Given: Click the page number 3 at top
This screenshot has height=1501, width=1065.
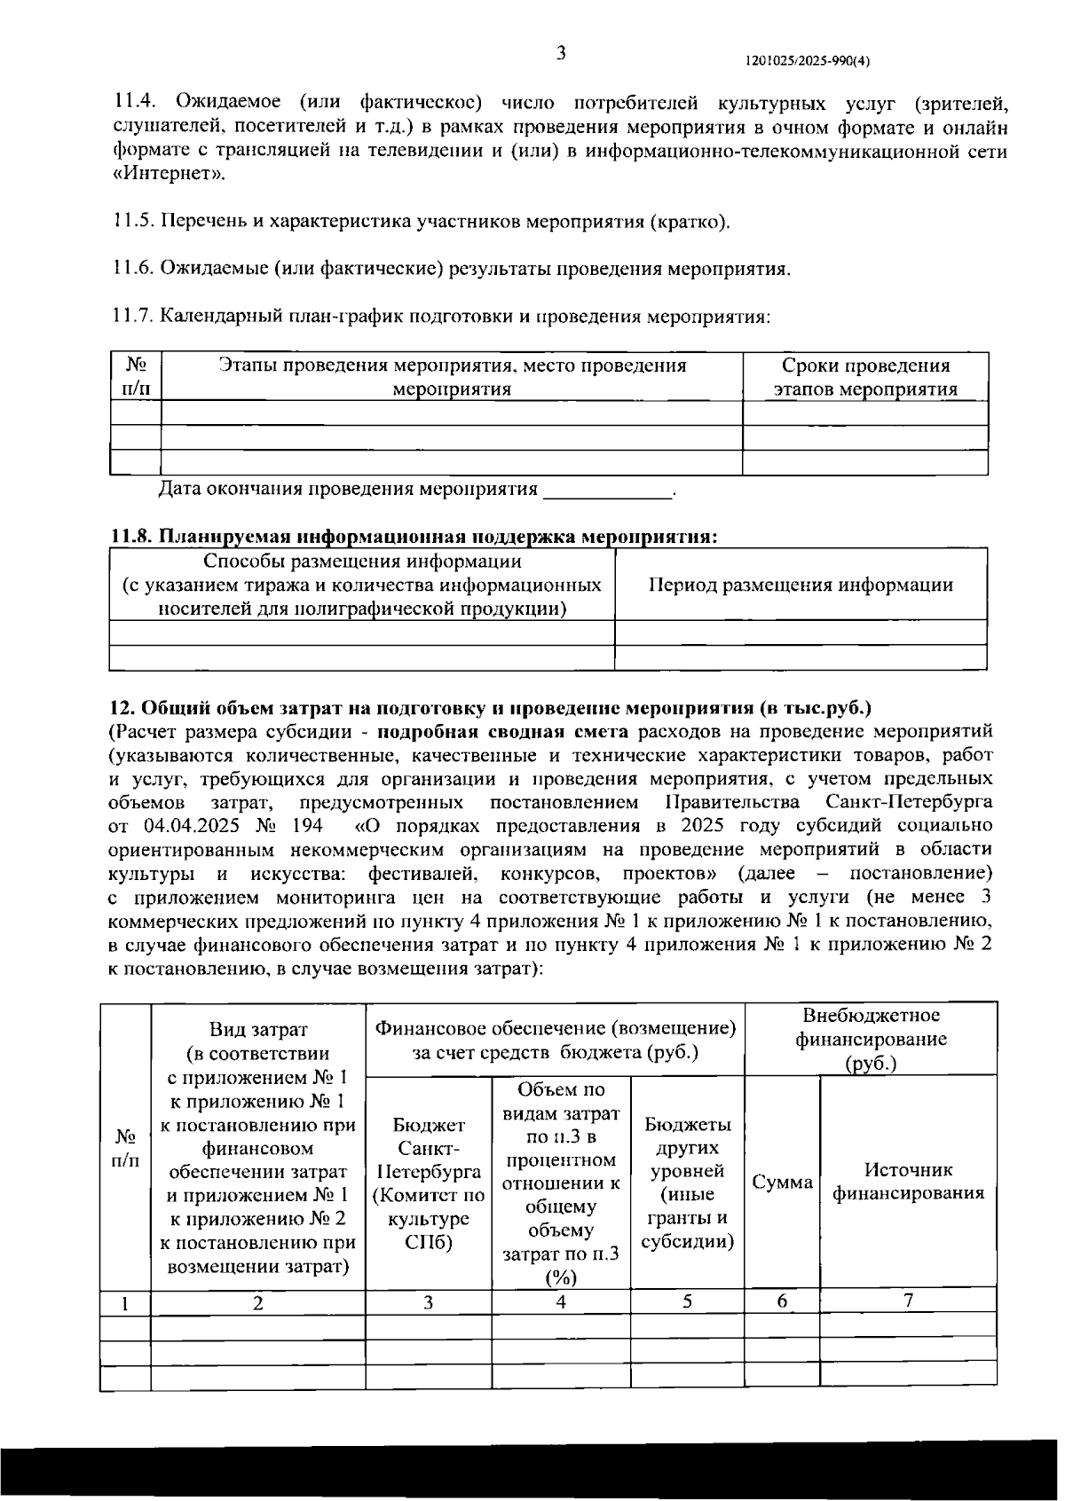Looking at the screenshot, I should tap(561, 52).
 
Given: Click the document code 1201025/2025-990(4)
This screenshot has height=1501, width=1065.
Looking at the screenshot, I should tap(808, 61).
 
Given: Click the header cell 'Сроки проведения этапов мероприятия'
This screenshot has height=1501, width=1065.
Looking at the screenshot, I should tap(864, 377).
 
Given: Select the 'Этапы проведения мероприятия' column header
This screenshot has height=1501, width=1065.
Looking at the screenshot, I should tap(452, 377).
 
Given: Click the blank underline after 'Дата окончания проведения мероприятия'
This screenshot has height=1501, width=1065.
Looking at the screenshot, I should tap(608, 490).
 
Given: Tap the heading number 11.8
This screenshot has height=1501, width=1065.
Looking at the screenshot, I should tap(133, 537).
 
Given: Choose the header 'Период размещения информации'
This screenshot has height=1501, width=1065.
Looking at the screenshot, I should tap(801, 585).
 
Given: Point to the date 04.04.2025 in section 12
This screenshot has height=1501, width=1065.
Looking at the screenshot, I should tap(192, 826).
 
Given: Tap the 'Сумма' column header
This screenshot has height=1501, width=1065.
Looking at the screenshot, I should tap(782, 1182).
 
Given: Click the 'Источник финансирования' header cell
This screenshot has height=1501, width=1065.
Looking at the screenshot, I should tap(908, 1182).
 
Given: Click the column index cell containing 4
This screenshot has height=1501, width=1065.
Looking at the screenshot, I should tap(561, 1301).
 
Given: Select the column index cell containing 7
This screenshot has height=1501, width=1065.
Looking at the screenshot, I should tap(908, 1301).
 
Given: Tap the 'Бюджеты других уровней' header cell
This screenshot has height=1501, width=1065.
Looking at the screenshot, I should tap(687, 1182).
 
